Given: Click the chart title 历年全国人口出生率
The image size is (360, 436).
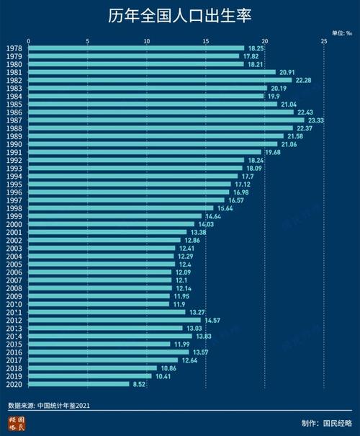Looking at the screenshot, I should (x=180, y=16).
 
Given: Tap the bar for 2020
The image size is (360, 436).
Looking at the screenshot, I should (x=78, y=384).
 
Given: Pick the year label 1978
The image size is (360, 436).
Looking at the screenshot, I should (x=13, y=48).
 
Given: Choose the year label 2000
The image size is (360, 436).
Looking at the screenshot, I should (x=13, y=224).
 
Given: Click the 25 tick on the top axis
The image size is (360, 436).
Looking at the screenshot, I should (x=324, y=40).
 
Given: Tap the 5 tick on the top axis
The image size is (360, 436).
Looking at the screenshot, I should (x=87, y=40).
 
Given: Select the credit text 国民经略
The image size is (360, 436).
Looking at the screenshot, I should (x=338, y=422).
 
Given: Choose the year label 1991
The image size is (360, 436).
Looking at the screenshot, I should (x=13, y=152).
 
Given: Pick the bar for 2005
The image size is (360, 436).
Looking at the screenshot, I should (x=101, y=264).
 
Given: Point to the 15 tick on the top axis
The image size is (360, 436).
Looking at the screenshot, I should (x=205, y=40).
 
